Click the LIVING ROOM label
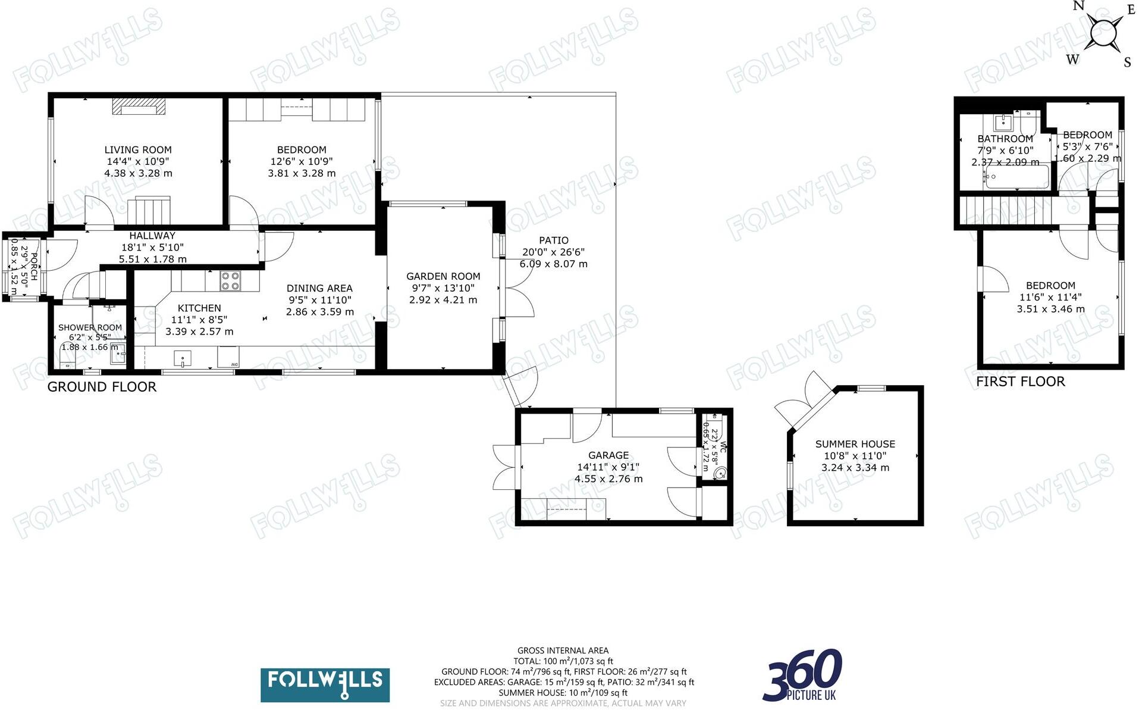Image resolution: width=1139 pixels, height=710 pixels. (x=138, y=150)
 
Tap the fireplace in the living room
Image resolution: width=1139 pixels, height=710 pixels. (x=139, y=107)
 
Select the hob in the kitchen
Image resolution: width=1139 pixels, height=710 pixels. (x=230, y=281)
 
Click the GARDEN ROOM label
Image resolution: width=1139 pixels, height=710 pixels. (x=443, y=276)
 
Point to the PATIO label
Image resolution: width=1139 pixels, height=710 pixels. (x=553, y=240)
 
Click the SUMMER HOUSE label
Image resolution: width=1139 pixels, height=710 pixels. (x=855, y=444)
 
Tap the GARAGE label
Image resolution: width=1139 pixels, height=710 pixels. (x=608, y=455)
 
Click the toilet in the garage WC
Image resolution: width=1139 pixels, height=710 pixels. (x=720, y=474)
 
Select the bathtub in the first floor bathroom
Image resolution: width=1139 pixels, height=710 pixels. (x=1016, y=177)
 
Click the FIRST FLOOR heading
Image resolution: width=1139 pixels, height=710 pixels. (x=1020, y=381)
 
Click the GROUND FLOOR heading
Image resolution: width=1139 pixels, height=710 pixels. (x=102, y=387)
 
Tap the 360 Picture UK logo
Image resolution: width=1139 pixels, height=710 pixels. (x=802, y=676)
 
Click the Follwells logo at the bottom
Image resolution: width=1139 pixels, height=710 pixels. (x=325, y=684)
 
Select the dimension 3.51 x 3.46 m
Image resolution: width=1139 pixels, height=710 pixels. (x=1050, y=309)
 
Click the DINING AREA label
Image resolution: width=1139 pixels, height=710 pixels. (x=319, y=289)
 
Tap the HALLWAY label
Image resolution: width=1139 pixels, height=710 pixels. (x=152, y=236)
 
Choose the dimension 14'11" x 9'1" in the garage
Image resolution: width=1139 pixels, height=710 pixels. (x=608, y=467)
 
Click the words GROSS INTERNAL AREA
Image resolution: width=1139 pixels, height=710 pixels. (x=563, y=650)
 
